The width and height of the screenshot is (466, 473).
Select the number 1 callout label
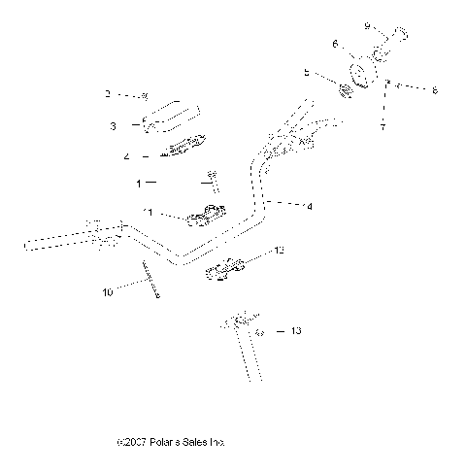pos(138,182)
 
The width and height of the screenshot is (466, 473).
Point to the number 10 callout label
pos(107,290)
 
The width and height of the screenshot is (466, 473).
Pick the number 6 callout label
pos(335,44)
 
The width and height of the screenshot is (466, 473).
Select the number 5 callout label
pos(306,72)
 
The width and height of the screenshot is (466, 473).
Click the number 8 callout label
pos(434,90)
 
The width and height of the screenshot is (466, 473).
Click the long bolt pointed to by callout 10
pos(150,282)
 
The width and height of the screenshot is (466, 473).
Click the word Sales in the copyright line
pos(197,442)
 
